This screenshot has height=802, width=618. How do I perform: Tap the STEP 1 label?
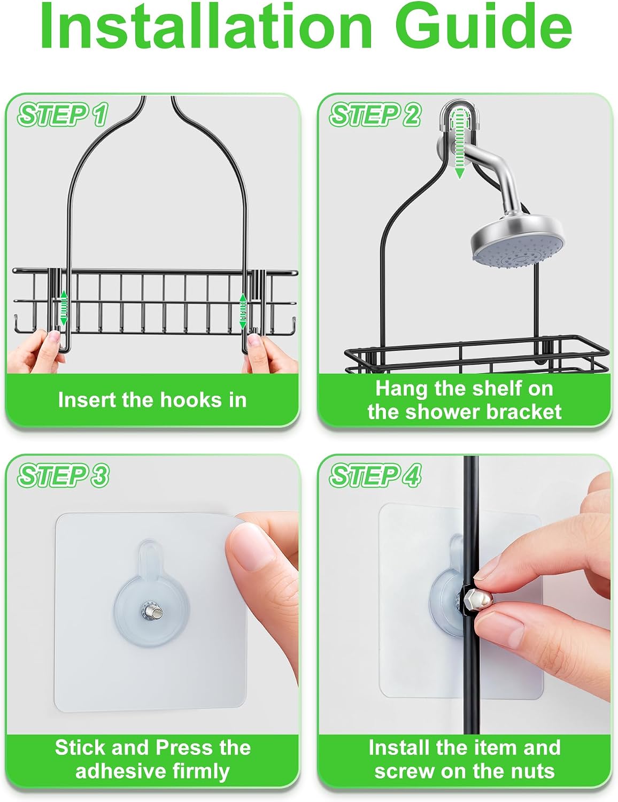(63, 115)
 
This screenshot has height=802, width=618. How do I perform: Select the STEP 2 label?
(375, 115)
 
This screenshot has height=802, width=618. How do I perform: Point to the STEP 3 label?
(63, 475)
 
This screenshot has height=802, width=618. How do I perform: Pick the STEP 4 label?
(375, 475)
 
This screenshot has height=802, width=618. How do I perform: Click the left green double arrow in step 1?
(64, 307)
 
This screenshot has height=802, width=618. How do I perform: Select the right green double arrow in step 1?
(243, 311)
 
